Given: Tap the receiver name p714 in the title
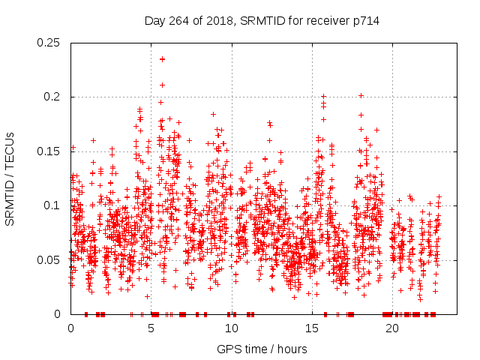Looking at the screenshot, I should pos(366,21).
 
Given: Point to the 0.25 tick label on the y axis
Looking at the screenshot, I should pos(49,43).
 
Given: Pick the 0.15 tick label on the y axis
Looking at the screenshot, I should pos(49,151).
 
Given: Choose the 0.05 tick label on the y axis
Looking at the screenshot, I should pos(49,259).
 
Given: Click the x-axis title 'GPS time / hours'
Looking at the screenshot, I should pos(261,349).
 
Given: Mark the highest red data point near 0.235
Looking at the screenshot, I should pos(162,58).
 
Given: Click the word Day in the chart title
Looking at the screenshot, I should pos(155,21).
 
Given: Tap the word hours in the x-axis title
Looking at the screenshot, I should pos(291,349).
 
